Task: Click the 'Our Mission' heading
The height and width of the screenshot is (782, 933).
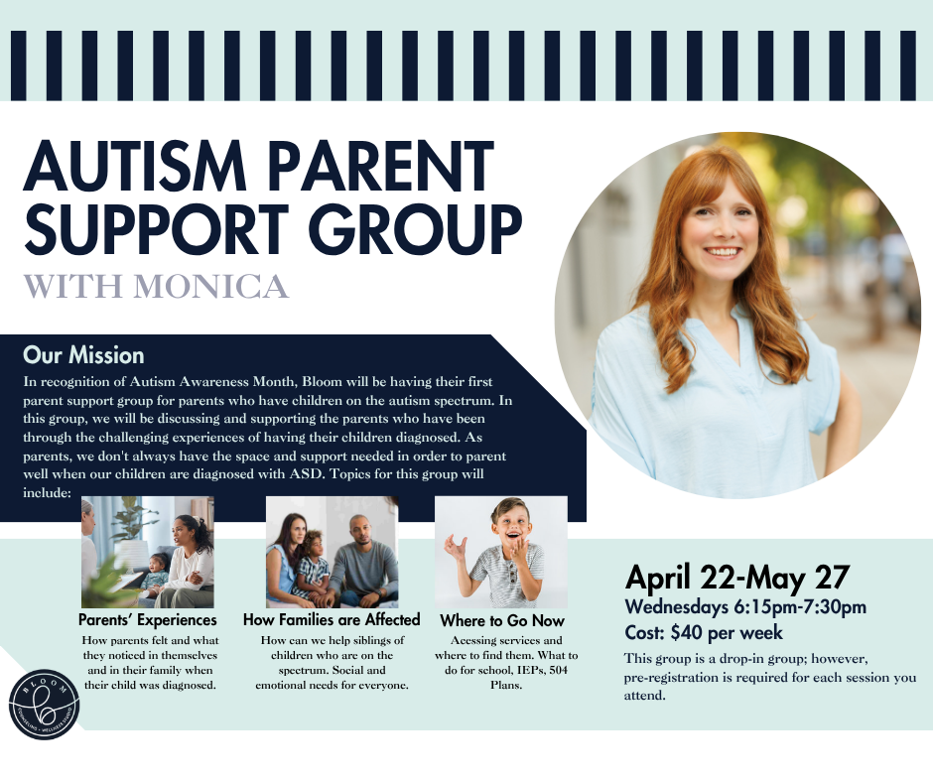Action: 83,355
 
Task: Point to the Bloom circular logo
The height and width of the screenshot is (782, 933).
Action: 44,705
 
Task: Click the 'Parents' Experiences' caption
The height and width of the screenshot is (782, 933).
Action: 148,619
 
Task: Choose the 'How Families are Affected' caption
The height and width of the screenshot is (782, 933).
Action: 332,619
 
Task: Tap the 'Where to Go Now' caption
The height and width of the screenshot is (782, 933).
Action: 501,620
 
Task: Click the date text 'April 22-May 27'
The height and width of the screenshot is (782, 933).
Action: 737,578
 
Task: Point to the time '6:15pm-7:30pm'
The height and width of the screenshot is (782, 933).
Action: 800,607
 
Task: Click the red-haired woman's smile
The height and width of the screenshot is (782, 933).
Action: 723,252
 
